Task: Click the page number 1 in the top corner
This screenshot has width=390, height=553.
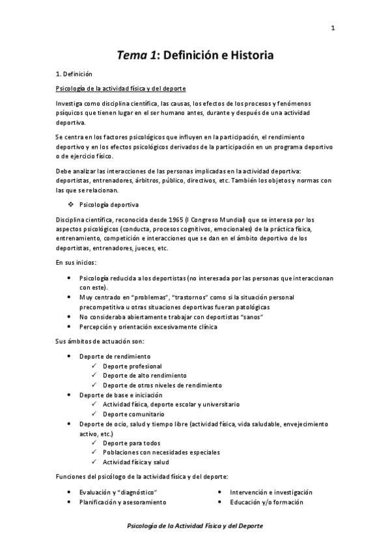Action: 333,28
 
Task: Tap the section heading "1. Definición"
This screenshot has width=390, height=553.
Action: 74,74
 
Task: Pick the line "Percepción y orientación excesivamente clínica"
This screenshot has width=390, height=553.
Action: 148,327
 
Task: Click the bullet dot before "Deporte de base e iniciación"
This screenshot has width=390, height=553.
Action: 70,395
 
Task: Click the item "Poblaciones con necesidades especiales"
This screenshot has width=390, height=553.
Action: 161,452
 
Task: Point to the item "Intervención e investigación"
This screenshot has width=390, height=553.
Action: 271,492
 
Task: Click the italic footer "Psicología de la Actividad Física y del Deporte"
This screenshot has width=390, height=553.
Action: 195,526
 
